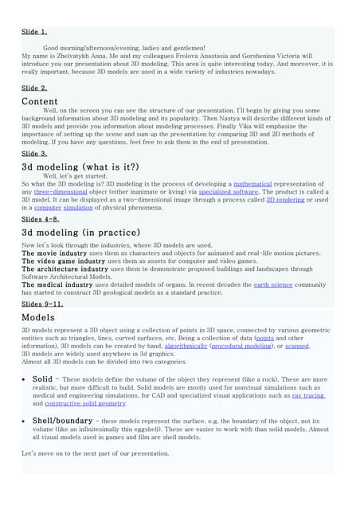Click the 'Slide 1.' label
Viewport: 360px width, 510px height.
tap(34, 32)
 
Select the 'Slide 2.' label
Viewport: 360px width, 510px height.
tap(34, 88)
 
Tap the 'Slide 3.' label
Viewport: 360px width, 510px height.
tap(34, 152)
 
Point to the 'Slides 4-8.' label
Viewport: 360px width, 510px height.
tap(40, 218)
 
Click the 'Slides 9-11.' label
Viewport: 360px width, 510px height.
tap(42, 304)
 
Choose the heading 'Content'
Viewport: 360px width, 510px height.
tap(40, 101)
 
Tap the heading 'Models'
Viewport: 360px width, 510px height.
tap(38, 317)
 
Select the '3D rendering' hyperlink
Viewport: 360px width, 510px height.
tap(288, 200)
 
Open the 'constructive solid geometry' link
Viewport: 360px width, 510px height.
tap(79, 403)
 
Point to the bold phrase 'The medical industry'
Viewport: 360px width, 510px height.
tap(57, 284)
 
